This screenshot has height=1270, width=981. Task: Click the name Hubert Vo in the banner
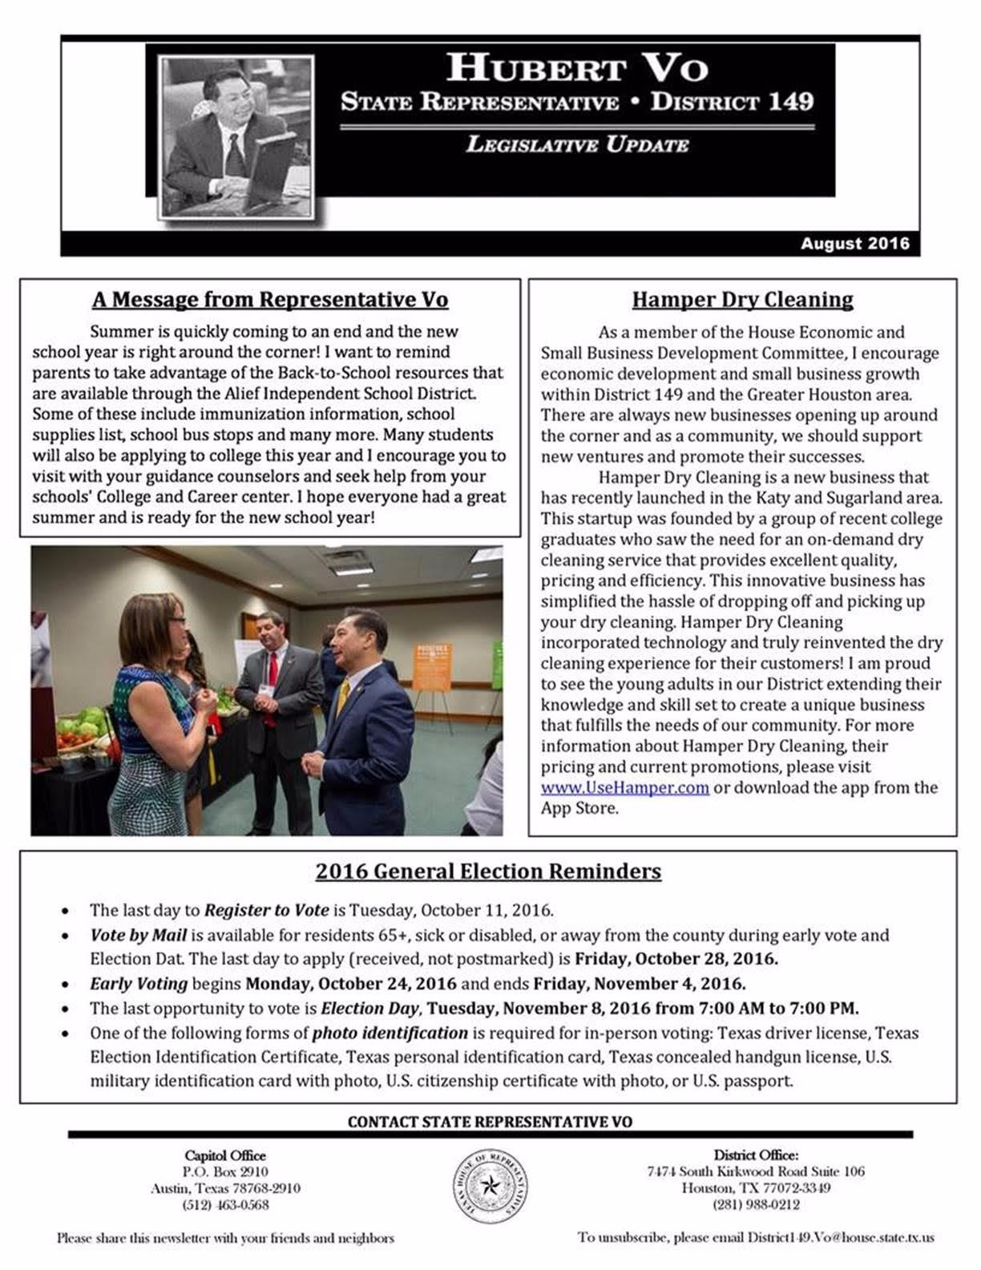coord(577,67)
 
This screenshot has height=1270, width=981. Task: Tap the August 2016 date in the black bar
coord(854,244)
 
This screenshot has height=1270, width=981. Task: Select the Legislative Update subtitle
coord(577,145)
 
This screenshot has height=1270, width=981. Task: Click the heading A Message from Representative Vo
coord(270,300)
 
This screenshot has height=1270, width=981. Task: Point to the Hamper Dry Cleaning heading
coord(742,300)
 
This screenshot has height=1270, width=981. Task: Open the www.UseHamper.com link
coord(624,787)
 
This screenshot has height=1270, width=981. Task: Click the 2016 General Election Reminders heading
coord(488,872)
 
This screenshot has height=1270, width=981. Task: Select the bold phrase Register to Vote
coord(266,910)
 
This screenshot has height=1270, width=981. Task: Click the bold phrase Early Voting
coord(139,983)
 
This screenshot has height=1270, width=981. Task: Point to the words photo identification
coord(390,1033)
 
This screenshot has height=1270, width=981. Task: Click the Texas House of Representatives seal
coord(488,1186)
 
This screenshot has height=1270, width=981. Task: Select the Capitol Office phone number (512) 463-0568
coord(225,1204)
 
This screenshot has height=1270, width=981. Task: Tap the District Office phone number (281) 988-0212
coord(756,1204)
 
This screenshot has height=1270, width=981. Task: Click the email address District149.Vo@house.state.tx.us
coord(841,1238)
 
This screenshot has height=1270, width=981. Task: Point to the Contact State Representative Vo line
coord(490,1122)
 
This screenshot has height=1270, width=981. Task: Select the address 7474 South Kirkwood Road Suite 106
coord(756,1171)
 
